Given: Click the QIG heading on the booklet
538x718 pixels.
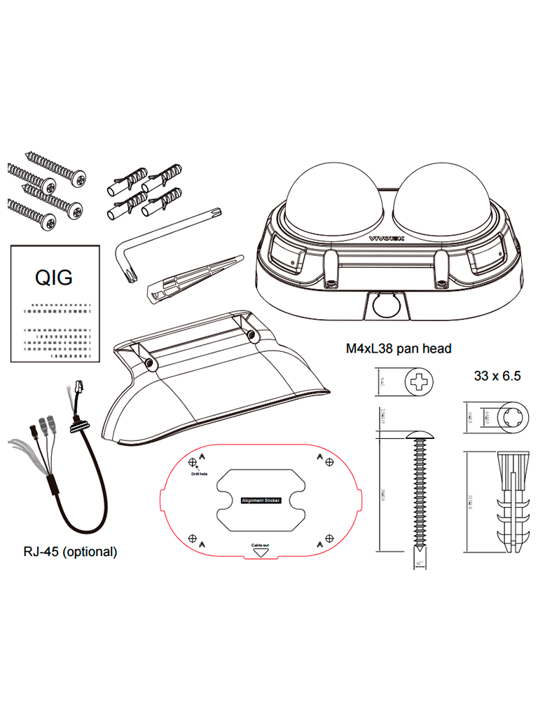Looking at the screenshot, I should [53, 278].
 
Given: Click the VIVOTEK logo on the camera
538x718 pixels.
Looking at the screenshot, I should [387, 238].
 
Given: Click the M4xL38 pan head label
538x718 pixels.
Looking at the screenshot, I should [398, 348].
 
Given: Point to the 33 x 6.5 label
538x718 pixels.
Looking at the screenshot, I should [497, 376].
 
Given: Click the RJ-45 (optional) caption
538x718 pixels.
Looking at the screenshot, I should [70, 552].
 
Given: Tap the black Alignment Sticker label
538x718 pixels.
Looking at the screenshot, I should [261, 501].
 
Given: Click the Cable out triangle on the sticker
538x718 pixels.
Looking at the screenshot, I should [261, 551].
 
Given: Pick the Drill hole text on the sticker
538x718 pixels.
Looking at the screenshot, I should [200, 473].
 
